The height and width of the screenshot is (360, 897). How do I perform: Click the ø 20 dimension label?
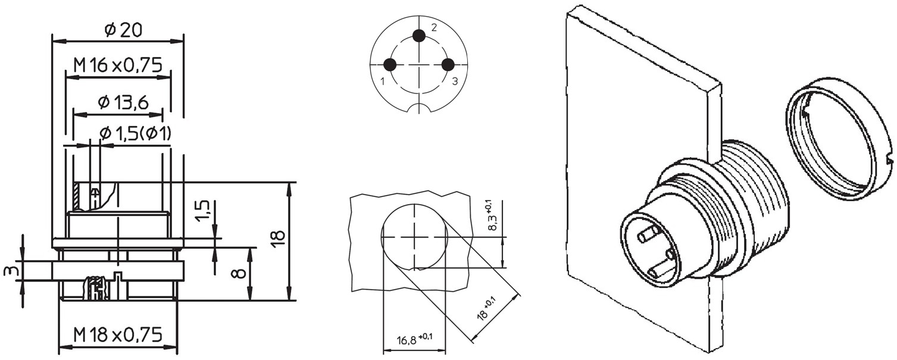[123, 30]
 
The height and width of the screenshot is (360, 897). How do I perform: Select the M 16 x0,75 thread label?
[118, 65]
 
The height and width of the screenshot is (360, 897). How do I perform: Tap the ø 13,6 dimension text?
[123, 103]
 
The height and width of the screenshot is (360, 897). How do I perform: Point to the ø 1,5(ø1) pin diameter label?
[135, 133]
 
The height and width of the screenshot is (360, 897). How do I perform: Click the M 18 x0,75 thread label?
[118, 334]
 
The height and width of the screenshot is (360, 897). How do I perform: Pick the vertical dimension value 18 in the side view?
[279, 240]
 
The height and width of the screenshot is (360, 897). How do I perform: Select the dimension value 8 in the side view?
[239, 273]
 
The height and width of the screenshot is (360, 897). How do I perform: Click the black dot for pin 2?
[419, 36]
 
